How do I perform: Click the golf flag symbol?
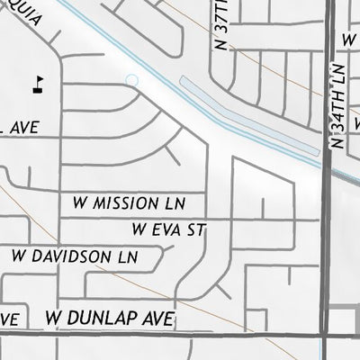coord(38,85)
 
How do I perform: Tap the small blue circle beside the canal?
coord(132,81)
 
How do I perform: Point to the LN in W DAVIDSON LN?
coord(125,256)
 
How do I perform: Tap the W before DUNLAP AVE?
coord(54,319)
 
